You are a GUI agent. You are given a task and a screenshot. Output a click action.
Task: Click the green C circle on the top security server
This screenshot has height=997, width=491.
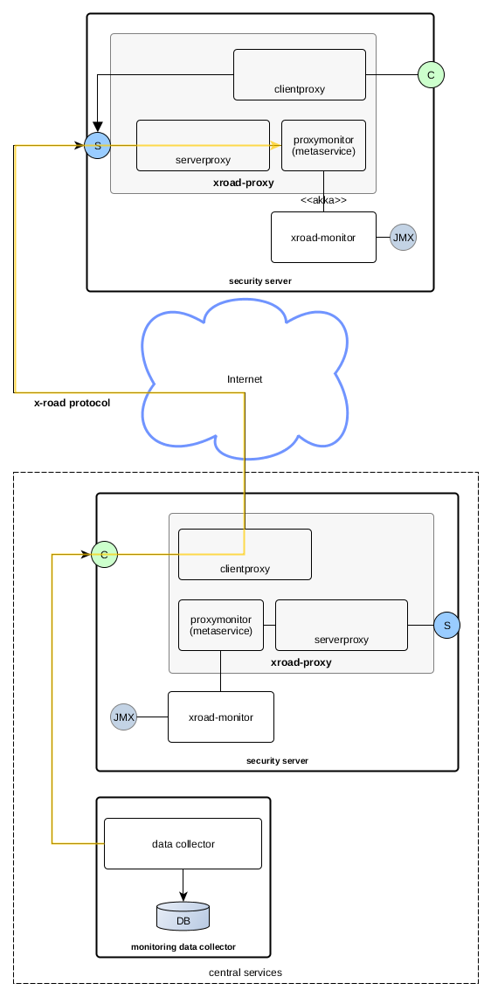[x=432, y=75]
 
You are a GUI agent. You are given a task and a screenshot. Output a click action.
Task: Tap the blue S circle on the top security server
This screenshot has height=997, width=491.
[x=97, y=146]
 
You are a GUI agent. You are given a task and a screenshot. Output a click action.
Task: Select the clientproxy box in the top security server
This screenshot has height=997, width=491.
[x=300, y=74]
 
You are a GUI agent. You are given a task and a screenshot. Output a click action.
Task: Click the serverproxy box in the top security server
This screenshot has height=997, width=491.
[x=203, y=146]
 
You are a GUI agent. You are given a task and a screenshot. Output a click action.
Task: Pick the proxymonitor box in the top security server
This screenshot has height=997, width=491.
[x=324, y=146]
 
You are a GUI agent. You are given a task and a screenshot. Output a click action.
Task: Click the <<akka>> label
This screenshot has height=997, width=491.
[x=324, y=200]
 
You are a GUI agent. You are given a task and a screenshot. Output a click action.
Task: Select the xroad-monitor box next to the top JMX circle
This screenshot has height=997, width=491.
[x=323, y=237]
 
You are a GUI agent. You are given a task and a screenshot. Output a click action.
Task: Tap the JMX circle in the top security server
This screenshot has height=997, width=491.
[x=404, y=237]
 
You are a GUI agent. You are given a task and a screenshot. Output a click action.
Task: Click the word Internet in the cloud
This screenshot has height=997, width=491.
[x=245, y=379]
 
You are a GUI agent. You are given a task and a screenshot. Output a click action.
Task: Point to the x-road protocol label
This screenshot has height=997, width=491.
[x=72, y=403]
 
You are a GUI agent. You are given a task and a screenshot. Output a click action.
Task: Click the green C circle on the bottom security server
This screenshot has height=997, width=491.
[x=104, y=555]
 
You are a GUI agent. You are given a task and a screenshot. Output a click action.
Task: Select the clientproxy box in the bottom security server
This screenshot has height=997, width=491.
[x=245, y=555]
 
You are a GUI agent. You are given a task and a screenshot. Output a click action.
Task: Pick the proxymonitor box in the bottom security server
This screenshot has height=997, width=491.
[x=221, y=625]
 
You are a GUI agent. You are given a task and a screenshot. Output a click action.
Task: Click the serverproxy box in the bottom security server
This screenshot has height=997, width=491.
[x=342, y=625]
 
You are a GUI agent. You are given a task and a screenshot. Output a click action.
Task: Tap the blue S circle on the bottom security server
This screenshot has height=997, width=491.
[x=447, y=625]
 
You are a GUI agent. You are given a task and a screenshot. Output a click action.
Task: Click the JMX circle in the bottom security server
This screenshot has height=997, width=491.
[x=123, y=717]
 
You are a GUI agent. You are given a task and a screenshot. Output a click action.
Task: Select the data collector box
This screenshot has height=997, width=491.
[x=183, y=844]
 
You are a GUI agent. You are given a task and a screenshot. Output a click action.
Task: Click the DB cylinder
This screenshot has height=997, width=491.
[x=183, y=916]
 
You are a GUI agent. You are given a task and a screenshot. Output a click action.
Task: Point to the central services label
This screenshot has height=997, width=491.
[x=245, y=973]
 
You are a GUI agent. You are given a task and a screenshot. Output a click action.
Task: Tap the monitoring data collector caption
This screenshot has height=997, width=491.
[x=183, y=947]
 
